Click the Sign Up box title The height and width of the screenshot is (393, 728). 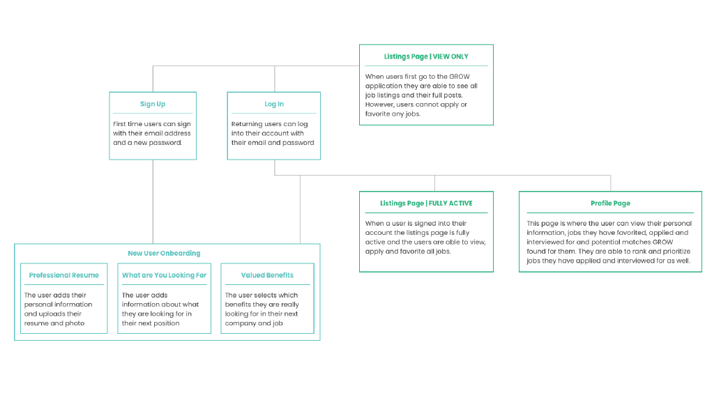tap(153, 104)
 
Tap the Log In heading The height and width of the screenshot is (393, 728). tap(274, 104)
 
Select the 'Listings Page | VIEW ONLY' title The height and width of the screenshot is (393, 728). tap(426, 56)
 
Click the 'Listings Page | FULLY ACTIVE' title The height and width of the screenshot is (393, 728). tap(426, 203)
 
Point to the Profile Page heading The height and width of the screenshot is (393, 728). tap(610, 203)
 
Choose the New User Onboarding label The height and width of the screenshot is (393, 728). tap(165, 254)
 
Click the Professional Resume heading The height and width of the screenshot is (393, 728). tap(64, 275)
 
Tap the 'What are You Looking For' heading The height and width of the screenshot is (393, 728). tap(165, 275)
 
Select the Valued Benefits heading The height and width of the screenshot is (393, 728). tap(268, 275)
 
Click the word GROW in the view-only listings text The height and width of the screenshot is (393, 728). tap(460, 77)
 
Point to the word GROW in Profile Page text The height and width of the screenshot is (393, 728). tap(663, 242)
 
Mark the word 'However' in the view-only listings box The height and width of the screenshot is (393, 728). tap(379, 105)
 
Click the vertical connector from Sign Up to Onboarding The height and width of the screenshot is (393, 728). tap(153, 202)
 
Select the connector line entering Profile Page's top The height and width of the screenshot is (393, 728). tap(611, 183)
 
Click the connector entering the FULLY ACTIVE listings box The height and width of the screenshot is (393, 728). tap(434, 183)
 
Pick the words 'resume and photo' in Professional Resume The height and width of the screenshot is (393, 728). tap(54, 323)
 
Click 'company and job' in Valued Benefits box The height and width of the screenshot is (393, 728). tap(254, 323)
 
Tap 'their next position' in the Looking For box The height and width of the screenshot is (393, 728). tap(151, 323)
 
